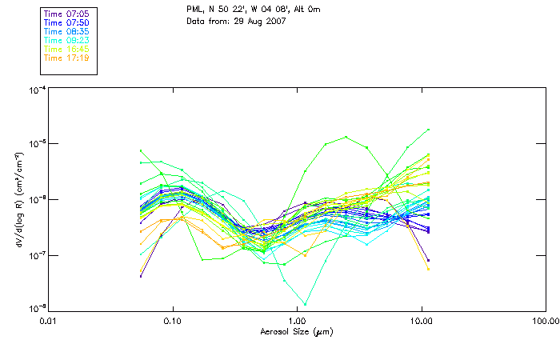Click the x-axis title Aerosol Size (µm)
tap(297, 331)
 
